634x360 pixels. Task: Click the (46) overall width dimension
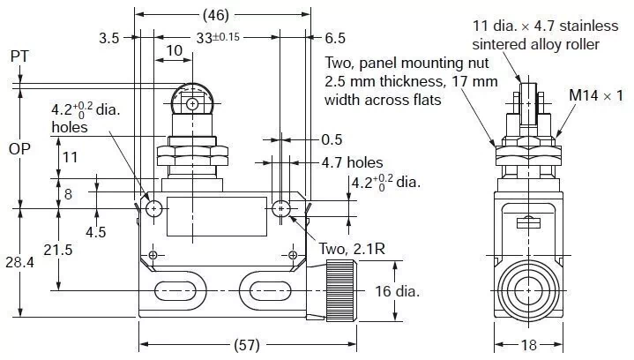coord(224,15)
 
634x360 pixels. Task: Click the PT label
coord(19,56)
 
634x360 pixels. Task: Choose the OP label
coord(19,148)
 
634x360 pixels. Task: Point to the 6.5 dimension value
coord(335,39)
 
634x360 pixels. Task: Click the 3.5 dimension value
coord(109,39)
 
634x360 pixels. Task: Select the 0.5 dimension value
coord(332,139)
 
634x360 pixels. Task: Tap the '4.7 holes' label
coord(352,162)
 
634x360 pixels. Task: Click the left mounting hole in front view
coord(154,209)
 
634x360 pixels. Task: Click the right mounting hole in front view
coord(280,209)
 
